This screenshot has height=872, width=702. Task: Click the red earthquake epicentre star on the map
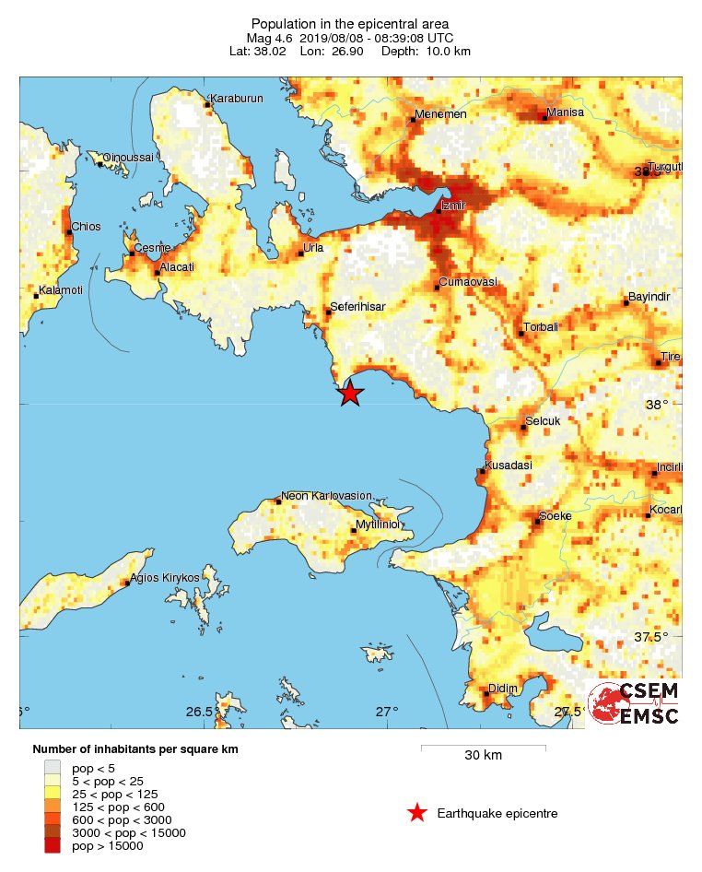point(350,394)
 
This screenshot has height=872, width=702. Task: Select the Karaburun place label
point(237,99)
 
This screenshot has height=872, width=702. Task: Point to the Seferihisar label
point(358,306)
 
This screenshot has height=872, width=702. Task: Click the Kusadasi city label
point(509,465)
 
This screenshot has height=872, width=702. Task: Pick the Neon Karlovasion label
point(326,496)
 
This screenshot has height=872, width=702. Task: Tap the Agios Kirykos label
point(166,577)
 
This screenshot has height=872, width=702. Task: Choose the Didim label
point(504,689)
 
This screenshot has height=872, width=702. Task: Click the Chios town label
point(87,227)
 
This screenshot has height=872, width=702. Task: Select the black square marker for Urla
point(300,253)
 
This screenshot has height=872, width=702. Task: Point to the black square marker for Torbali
point(521,333)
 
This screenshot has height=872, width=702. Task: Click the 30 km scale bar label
point(483,756)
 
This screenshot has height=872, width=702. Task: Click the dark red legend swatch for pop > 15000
point(53,845)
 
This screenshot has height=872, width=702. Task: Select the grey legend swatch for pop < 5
point(53,767)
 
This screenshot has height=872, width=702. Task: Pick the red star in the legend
point(417,813)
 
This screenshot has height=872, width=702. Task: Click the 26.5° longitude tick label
point(200,712)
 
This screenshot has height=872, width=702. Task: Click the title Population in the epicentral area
point(350,23)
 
